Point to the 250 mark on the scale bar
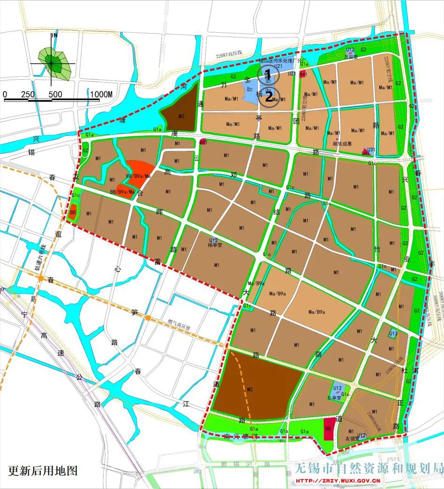(x=28, y=94)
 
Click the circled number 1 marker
(x=268, y=74)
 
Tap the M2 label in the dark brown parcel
(x=250, y=389)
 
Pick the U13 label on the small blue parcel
(x=393, y=333)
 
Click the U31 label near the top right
(x=371, y=150)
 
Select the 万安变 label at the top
(x=350, y=57)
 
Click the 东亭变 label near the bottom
(x=334, y=398)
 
